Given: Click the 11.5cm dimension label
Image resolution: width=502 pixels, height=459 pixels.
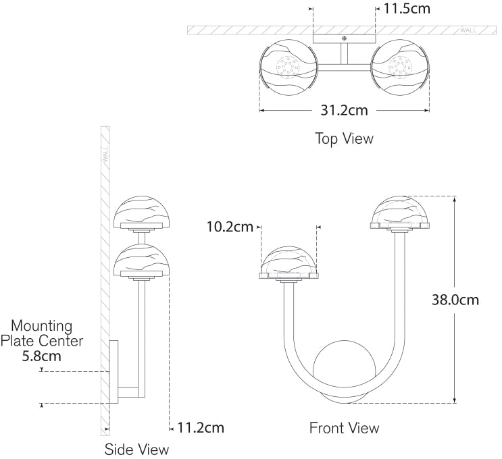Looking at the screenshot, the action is click(x=407, y=9).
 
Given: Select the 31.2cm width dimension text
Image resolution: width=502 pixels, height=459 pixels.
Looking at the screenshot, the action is click(x=344, y=110).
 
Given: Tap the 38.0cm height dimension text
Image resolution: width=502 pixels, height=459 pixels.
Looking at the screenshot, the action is click(x=455, y=300).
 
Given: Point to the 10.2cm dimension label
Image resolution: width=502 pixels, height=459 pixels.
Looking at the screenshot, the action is click(x=230, y=227).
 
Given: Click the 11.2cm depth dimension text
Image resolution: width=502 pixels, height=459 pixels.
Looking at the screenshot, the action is click(x=201, y=428).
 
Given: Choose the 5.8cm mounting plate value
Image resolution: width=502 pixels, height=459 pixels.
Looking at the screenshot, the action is click(x=42, y=356).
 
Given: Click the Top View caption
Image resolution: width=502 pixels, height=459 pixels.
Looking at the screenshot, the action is click(x=344, y=138).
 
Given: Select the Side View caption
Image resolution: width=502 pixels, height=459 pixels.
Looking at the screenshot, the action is click(x=136, y=450).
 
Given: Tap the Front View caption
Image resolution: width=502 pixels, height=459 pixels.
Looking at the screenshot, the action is click(x=344, y=428).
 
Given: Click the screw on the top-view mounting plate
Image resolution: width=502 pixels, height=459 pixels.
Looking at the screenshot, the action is click(x=344, y=38).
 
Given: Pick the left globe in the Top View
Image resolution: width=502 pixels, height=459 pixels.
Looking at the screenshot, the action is click(x=288, y=67).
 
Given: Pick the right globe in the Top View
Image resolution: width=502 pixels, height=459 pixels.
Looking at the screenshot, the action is click(x=400, y=67).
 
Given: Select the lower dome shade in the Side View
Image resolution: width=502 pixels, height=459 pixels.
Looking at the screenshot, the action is click(x=142, y=260).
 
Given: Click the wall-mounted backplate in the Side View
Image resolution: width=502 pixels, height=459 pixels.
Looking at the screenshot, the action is click(x=114, y=371).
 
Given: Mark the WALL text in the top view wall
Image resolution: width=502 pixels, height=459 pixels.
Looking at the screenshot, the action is click(x=468, y=30).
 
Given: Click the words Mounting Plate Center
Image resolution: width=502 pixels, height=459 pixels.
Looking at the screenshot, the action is click(x=42, y=333).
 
